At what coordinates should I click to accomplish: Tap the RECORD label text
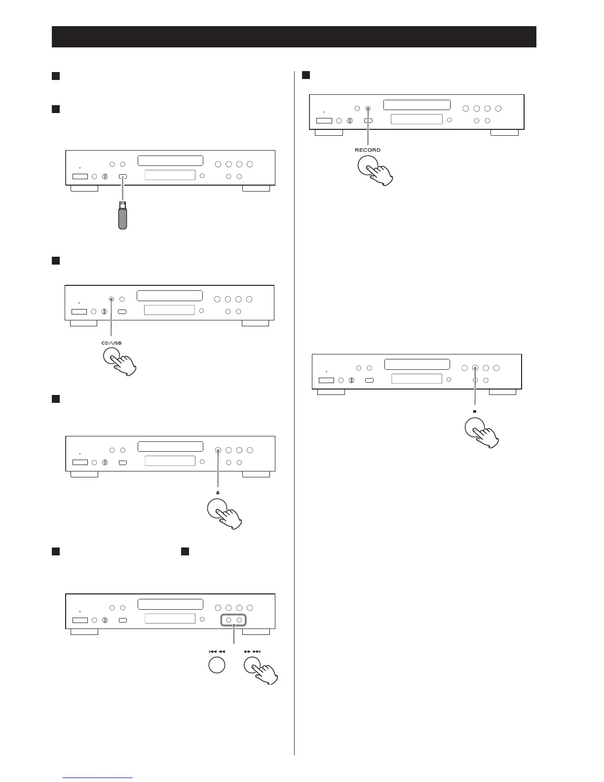pyautogui.click(x=368, y=150)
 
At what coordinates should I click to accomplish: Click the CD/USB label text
pyautogui.click(x=112, y=343)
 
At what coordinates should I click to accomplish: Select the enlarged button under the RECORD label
pyautogui.click(x=367, y=166)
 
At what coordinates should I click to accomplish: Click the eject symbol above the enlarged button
pyautogui.click(x=218, y=493)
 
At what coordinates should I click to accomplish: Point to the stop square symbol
pyautogui.click(x=475, y=411)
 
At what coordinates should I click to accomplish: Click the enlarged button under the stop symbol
pyautogui.click(x=475, y=428)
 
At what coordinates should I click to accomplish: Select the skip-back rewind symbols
pyautogui.click(x=217, y=651)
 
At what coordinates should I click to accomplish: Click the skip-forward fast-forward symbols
pyautogui.click(x=252, y=651)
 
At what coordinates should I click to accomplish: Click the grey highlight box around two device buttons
pyautogui.click(x=233, y=620)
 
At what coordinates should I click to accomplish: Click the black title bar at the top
pyautogui.click(x=294, y=37)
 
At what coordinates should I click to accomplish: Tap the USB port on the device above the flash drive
pyautogui.click(x=122, y=176)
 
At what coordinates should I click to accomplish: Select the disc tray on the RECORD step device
pyautogui.click(x=416, y=105)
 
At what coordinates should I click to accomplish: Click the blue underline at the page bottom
pyautogui.click(x=98, y=778)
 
